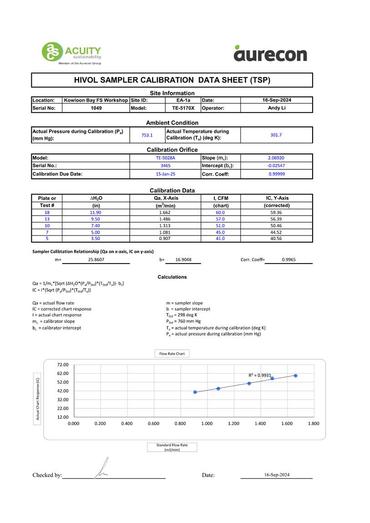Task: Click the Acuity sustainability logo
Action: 71,53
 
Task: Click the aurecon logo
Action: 270,54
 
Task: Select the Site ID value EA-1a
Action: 183,100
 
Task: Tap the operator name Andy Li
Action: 276,108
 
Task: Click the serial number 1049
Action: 96,108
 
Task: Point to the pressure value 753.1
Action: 147,135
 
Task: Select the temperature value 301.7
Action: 276,135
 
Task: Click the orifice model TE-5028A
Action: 165,158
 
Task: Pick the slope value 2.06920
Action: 276,158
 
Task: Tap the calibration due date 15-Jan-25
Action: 165,174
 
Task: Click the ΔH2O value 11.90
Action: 95,213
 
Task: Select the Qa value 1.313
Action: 165,226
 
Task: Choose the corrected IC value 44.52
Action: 276,232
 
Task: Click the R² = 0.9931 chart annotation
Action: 259,375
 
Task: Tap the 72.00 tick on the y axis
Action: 62,365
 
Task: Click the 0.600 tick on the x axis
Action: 153,423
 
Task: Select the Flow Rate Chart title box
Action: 172,354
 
